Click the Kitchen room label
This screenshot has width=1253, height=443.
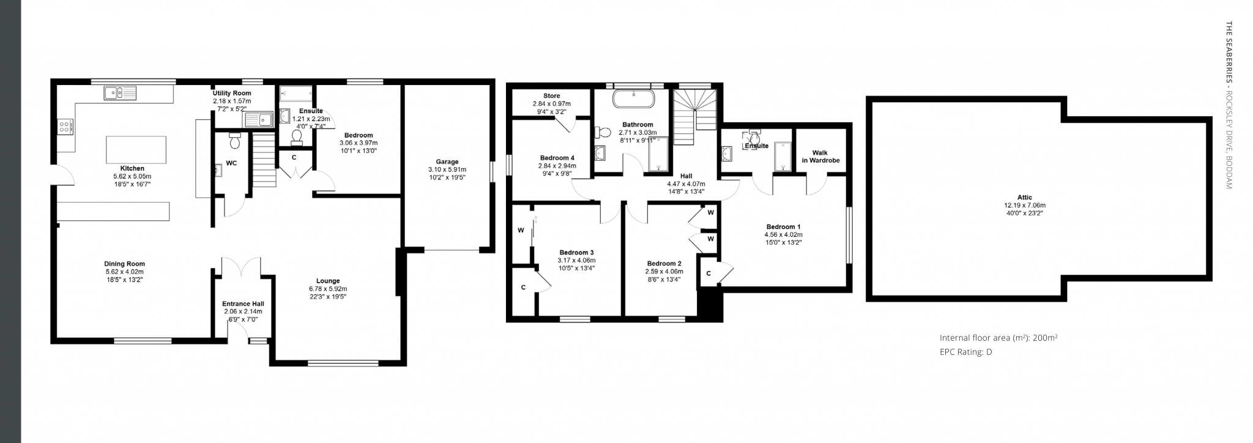132,168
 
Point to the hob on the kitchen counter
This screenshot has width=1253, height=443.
65,127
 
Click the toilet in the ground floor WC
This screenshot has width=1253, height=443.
234,140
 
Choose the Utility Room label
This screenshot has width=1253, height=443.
232,93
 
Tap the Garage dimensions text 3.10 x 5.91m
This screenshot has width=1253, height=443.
447,169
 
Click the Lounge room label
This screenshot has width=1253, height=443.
328,281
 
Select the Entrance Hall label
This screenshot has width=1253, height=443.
243,303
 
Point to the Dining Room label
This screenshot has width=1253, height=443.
124,264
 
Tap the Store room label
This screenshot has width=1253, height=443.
552,96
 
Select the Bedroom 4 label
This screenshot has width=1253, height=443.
557,157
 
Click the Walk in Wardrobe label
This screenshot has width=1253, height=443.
820,157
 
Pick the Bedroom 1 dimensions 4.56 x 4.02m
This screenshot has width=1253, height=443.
783,234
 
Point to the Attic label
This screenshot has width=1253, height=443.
1025,198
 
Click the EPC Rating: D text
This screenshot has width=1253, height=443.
965,352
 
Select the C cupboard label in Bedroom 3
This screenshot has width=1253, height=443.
523,287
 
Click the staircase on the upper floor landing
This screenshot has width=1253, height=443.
695,117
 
